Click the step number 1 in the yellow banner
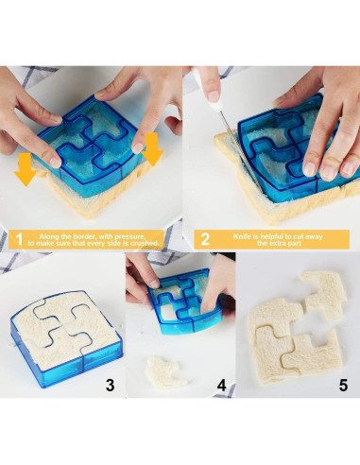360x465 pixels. [x=19, y=239]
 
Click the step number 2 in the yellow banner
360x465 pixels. [x=205, y=239]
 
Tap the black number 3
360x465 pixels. [x=111, y=385]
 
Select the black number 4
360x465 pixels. [x=222, y=385]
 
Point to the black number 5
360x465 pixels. [x=343, y=385]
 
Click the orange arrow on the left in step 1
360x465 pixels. [x=26, y=169]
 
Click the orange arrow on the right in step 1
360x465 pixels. [x=152, y=149]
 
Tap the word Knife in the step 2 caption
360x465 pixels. [x=241, y=236]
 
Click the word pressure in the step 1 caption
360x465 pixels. [x=129, y=237]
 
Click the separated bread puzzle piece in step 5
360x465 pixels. [x=324, y=295]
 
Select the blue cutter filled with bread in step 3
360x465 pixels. [x=65, y=337]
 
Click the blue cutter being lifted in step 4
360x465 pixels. [x=186, y=301]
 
